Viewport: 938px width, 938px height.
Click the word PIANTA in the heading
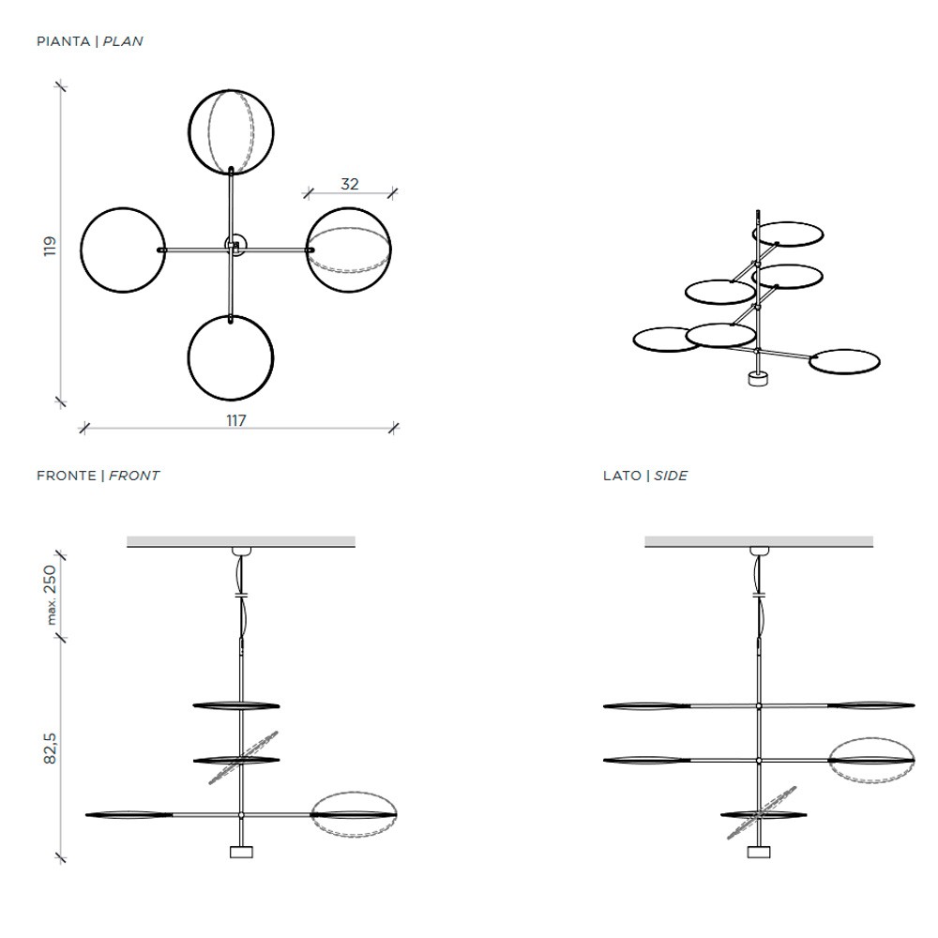(64, 41)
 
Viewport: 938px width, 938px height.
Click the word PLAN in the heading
(123, 41)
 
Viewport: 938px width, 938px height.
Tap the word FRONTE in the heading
(67, 476)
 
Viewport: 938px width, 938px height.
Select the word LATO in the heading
(622, 476)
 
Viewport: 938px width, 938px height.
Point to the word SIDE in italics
(671, 476)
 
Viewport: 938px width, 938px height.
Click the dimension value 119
(50, 246)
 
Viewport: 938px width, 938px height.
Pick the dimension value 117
(236, 420)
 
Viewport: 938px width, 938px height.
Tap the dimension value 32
(350, 184)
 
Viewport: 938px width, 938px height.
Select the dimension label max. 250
(51, 595)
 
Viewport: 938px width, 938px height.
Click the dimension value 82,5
(50, 748)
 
